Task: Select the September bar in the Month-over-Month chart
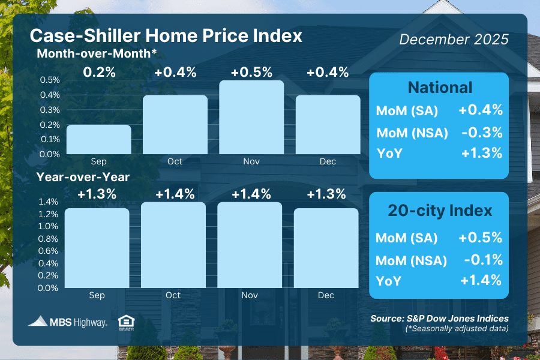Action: click(x=98, y=139)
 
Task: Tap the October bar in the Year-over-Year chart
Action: click(x=173, y=245)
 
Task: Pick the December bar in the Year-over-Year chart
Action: click(x=326, y=248)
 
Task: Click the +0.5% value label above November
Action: click(x=250, y=73)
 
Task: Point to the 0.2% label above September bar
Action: click(x=98, y=73)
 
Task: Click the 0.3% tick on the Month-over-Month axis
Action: click(x=49, y=110)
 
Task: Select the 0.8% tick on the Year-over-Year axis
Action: click(x=49, y=239)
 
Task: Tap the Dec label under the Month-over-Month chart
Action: click(x=328, y=161)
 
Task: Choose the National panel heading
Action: click(x=440, y=88)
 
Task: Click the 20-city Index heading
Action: click(x=440, y=211)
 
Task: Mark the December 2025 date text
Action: click(x=454, y=40)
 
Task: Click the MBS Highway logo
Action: click(x=67, y=322)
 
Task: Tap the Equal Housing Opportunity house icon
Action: click(x=126, y=322)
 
